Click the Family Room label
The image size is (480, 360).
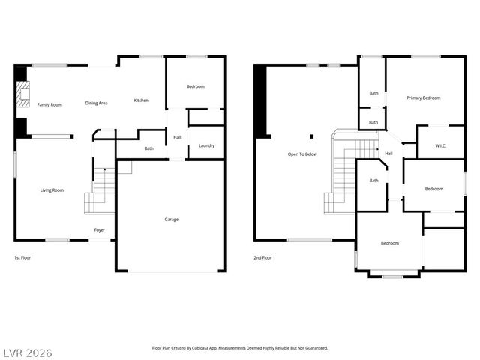[x=49, y=104]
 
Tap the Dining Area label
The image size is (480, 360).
[x=96, y=103]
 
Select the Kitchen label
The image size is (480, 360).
[x=141, y=100]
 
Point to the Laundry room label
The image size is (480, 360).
[x=207, y=145]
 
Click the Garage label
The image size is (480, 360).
[x=172, y=220]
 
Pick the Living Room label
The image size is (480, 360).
[x=52, y=190]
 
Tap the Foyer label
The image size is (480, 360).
[x=99, y=229]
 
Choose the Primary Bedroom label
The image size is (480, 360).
[x=423, y=98]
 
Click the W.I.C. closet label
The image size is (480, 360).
[x=441, y=146]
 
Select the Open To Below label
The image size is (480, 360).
[x=302, y=154]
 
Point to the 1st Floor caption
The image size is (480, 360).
[x=23, y=257]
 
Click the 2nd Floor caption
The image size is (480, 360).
[x=262, y=257]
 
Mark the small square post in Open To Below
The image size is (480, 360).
[x=311, y=136]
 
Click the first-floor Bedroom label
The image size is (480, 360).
[x=195, y=87]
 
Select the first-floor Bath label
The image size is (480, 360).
[x=148, y=148]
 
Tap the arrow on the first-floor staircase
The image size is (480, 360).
[x=104, y=173]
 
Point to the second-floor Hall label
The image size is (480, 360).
[x=388, y=154]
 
